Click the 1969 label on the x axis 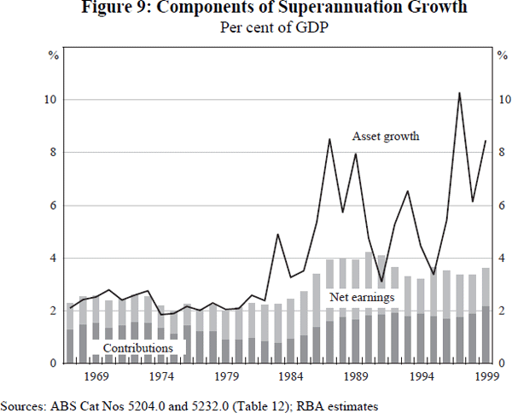tap(96, 376)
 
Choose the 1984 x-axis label tap(290, 376)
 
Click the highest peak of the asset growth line tap(460, 93)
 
